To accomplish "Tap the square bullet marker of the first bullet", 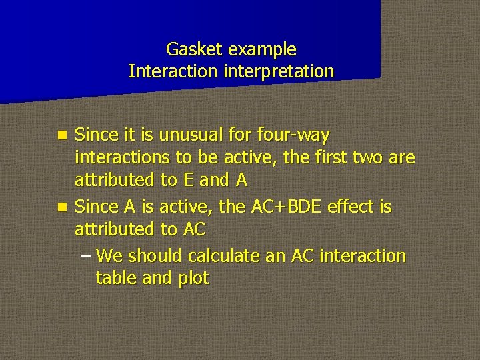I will [61, 136].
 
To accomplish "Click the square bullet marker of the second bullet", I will [61, 207].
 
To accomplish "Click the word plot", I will [193, 279].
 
